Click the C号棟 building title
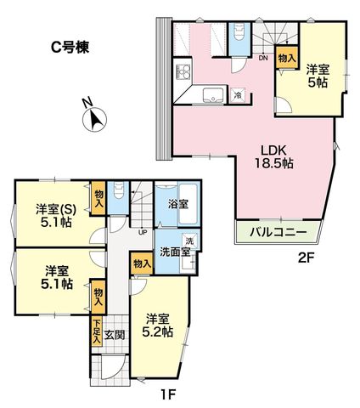(x=70, y=48)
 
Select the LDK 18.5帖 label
(x=274, y=156)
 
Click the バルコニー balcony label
(x=278, y=233)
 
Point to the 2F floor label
(x=307, y=258)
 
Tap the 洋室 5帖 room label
(x=318, y=76)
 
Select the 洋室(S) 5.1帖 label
(x=56, y=216)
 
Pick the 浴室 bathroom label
(x=178, y=204)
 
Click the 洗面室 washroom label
(x=175, y=252)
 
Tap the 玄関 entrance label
(x=115, y=335)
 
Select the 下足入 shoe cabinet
(x=97, y=332)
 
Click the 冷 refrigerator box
(x=237, y=95)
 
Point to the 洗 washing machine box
(x=189, y=241)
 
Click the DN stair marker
(x=263, y=58)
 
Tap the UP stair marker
(x=143, y=232)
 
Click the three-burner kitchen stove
(x=183, y=71)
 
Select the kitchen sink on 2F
(x=213, y=95)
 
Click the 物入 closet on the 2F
(x=287, y=58)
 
